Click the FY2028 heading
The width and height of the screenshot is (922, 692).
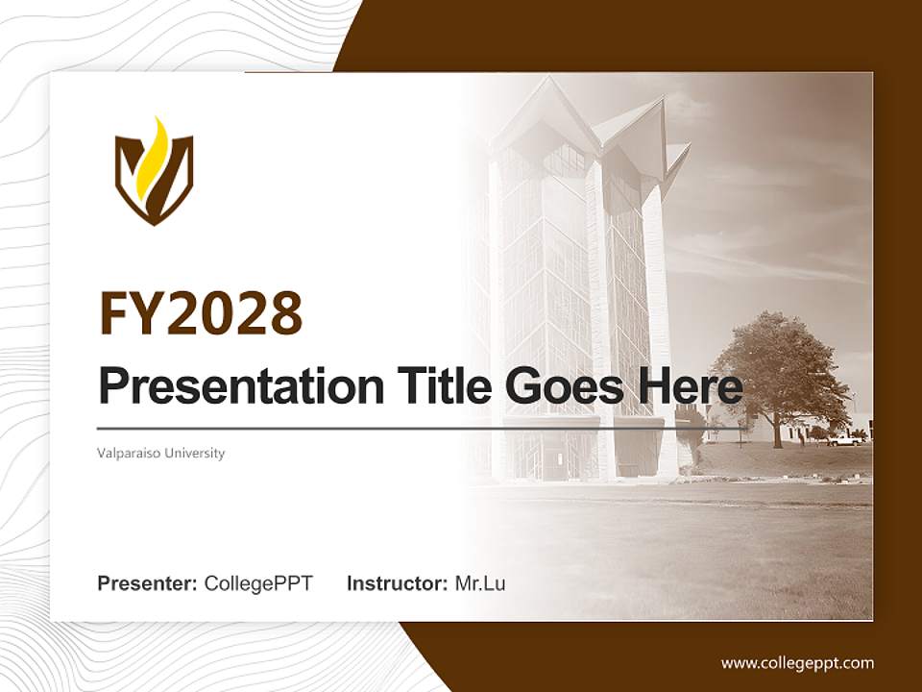pos(201,313)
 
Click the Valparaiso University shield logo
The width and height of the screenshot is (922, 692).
pos(154,172)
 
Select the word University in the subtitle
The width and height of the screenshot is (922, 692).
pos(195,453)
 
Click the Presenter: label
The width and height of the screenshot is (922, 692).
pos(148,583)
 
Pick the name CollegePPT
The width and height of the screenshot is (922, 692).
pos(258,583)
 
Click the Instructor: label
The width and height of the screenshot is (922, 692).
pos(397,583)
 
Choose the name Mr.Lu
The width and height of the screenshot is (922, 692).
pos(480,583)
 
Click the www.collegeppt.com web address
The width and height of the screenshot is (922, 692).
pos(797,663)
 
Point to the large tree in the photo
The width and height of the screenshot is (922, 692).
pos(778,370)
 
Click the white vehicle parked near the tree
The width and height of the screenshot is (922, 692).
pos(845,440)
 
